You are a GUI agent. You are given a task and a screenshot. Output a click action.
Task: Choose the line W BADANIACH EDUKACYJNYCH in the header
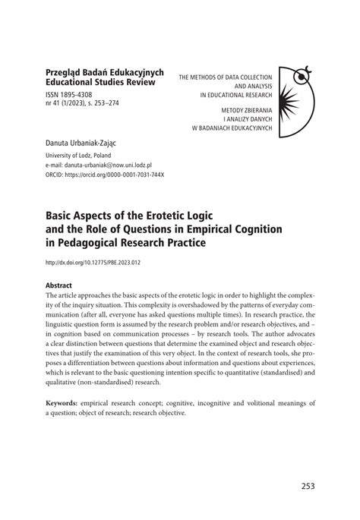[x=231, y=128]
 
